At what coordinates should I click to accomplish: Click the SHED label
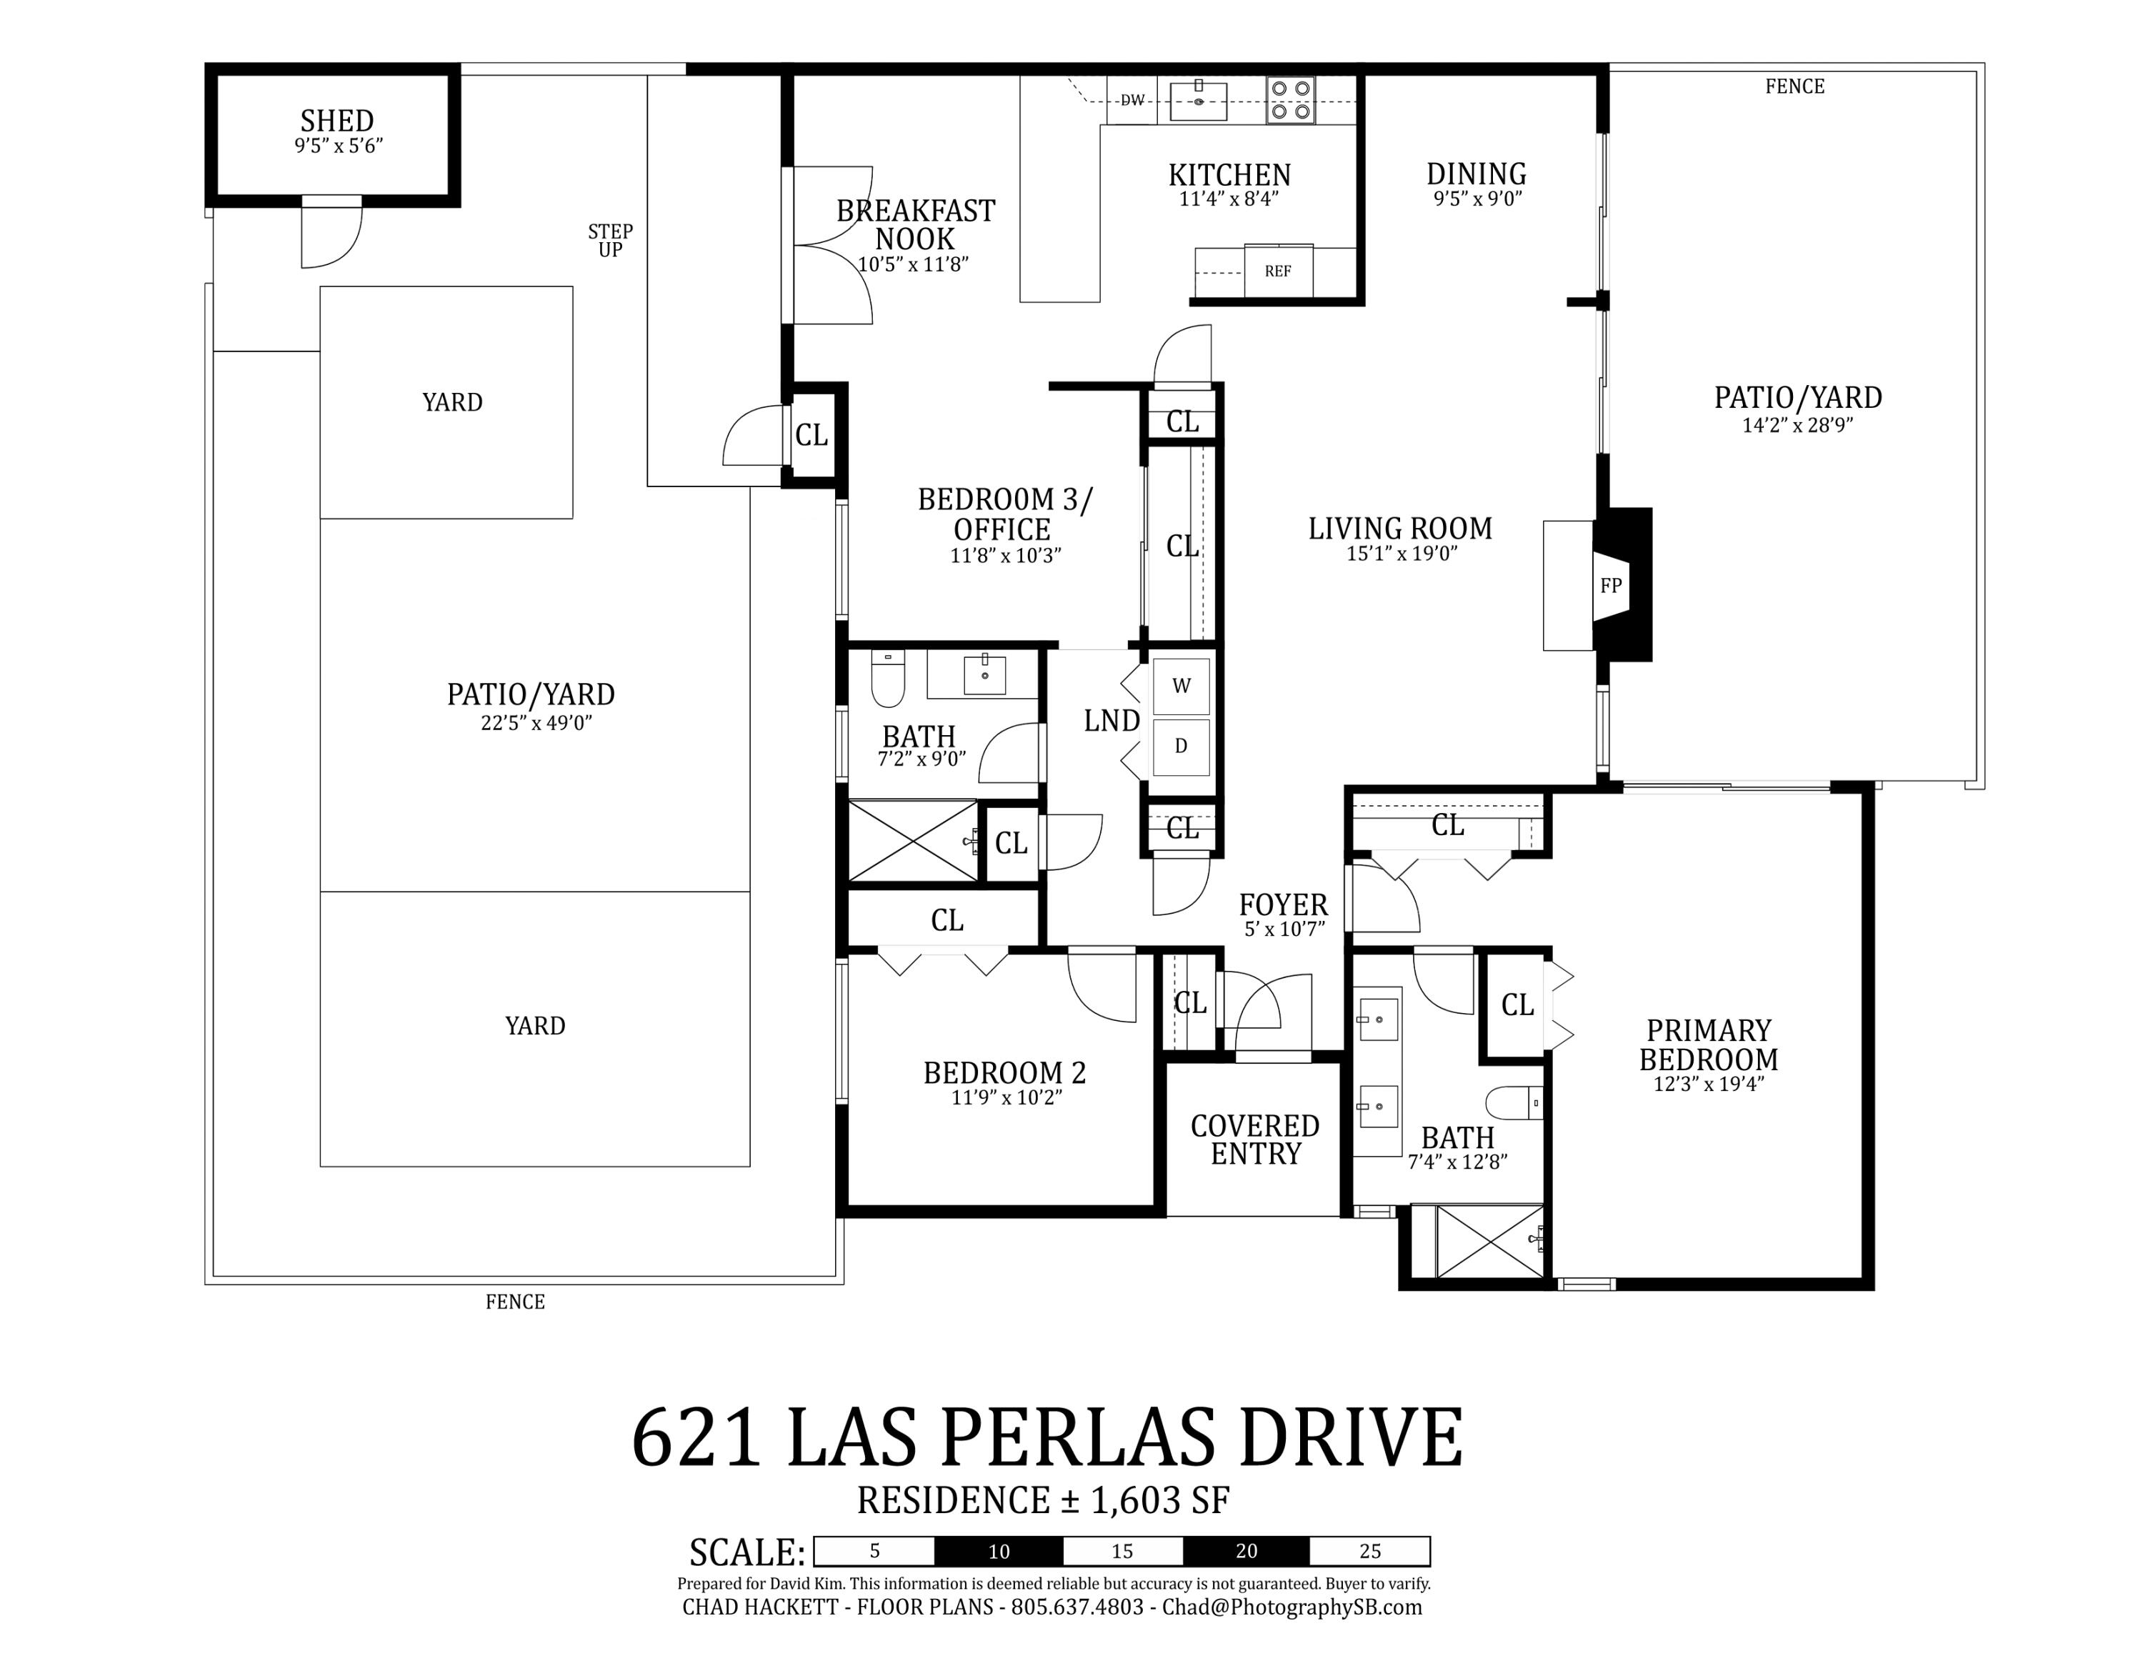coord(336,121)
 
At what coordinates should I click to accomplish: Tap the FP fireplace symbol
coord(1610,586)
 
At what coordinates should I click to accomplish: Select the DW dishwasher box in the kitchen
coord(1132,100)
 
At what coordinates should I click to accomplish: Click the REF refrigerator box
coord(1277,271)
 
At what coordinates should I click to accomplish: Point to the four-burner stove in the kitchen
coord(1289,100)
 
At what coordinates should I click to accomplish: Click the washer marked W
coord(1182,687)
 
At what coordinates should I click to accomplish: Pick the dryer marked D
coord(1182,747)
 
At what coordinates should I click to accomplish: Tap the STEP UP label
coord(610,240)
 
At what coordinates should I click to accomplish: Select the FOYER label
coord(1282,904)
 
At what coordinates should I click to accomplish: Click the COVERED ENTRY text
coord(1255,1140)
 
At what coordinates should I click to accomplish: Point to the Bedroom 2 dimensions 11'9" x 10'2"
coord(1006,1098)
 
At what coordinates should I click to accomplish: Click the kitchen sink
coord(1198,101)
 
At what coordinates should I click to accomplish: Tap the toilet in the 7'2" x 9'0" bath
coord(887,678)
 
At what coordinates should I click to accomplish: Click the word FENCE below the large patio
coord(515,1302)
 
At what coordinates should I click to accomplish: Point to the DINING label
coord(1476,174)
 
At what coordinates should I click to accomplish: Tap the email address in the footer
coord(1292,1607)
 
